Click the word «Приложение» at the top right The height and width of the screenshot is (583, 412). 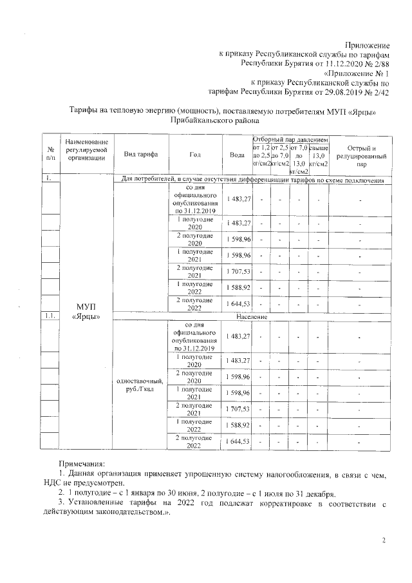coord(367,45)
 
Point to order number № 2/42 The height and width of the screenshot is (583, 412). coord(376,93)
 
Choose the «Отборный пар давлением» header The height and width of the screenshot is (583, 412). coord(291,139)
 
